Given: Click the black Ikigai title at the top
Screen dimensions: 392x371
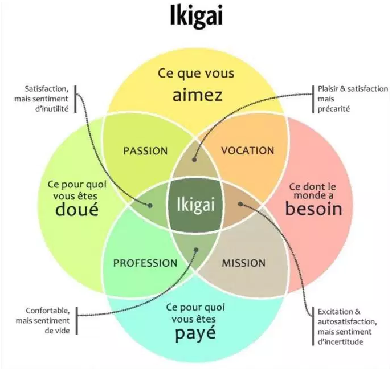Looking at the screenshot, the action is click(196, 15).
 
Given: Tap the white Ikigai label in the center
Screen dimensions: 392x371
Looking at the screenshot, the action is click(196, 205).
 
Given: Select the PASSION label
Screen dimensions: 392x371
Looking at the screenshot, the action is click(145, 151).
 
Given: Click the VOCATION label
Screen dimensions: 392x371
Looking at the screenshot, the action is click(248, 150).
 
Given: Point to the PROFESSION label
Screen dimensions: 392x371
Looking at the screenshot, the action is click(145, 263).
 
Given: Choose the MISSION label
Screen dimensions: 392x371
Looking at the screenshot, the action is click(244, 263).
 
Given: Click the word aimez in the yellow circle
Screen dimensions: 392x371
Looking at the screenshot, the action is click(198, 95).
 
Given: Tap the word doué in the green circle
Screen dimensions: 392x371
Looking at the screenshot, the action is click(77, 210).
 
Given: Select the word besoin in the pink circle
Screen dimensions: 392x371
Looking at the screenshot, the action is click(314, 209).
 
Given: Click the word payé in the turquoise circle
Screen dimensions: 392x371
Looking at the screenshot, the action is click(195, 334).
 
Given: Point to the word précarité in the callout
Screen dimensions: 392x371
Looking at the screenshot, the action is click(334, 109).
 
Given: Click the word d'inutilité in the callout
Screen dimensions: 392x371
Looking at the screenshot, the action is click(52, 109).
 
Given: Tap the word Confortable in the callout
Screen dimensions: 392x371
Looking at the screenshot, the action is click(47, 311).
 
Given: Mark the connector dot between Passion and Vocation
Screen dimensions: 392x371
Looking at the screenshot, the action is click(194, 160).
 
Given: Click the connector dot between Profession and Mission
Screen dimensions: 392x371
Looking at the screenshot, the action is click(196, 250).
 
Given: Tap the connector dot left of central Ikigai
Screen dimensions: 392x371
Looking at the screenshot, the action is click(150, 206).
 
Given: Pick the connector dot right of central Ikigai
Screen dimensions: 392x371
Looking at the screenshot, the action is click(240, 204).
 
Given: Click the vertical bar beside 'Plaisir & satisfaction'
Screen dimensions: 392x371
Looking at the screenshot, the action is click(313, 99).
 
